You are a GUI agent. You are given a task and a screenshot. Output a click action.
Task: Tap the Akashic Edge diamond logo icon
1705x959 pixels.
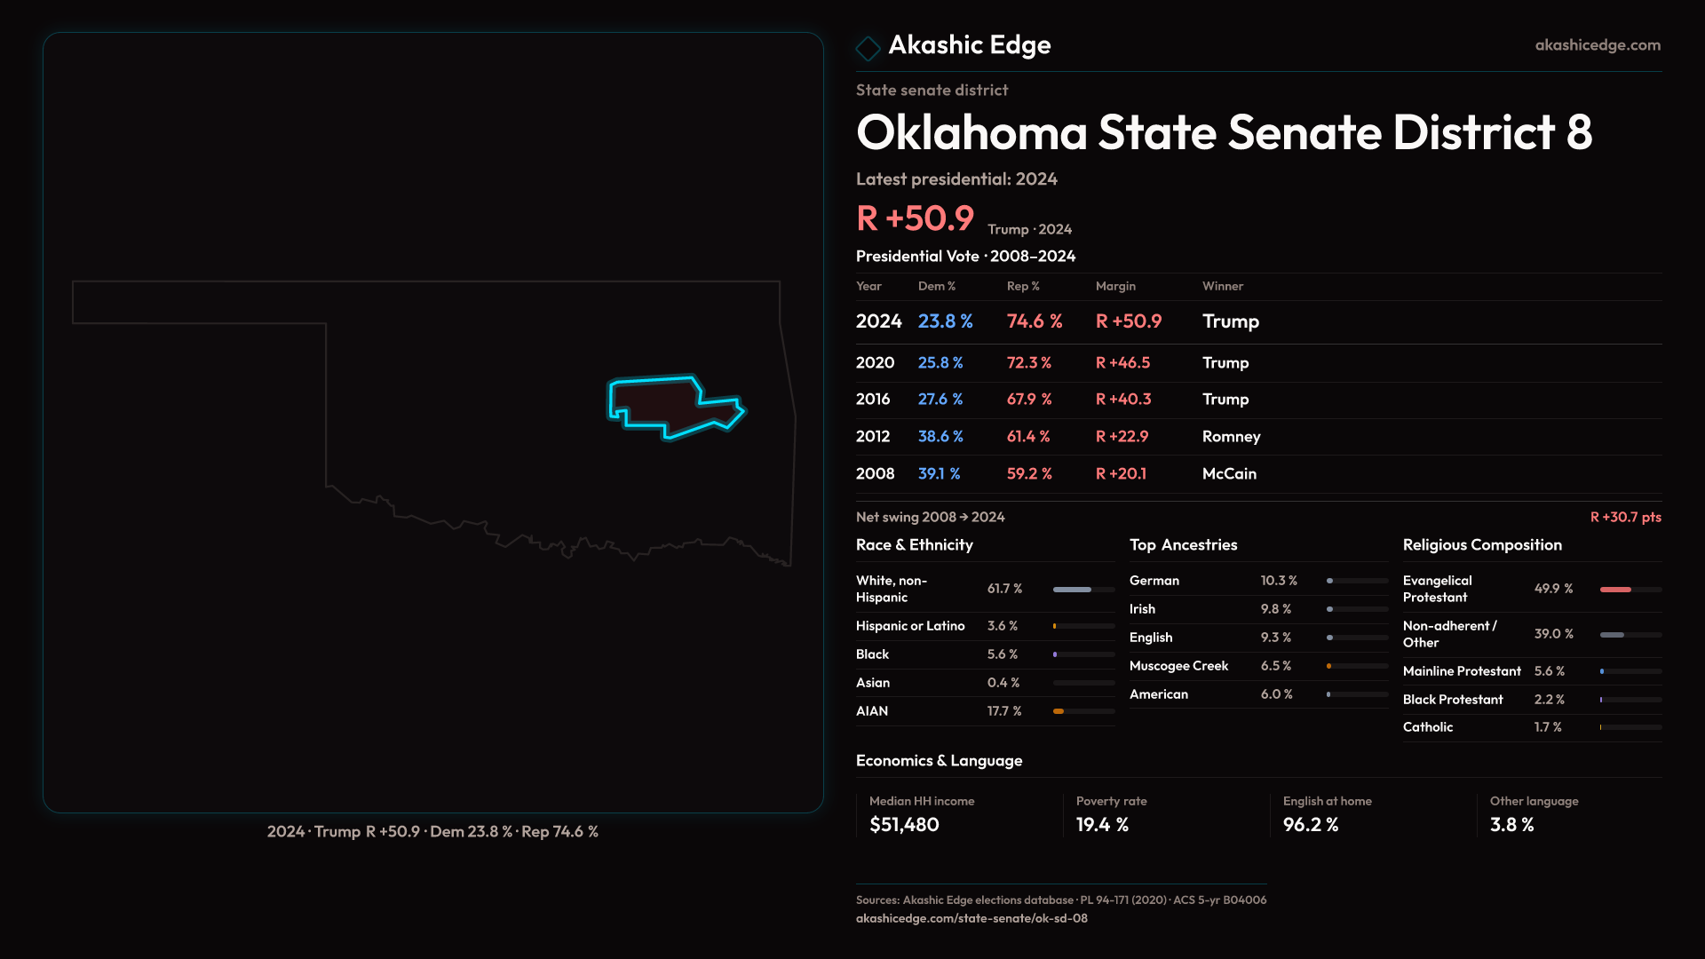[868, 47]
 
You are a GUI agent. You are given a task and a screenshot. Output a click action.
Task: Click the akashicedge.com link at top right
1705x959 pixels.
[1598, 45]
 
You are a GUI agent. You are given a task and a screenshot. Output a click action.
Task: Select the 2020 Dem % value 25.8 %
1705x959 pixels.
[940, 363]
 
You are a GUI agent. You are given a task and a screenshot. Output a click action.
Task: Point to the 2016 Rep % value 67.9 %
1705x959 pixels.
[1029, 400]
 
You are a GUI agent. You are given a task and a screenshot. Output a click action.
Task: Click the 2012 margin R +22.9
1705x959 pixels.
[1122, 437]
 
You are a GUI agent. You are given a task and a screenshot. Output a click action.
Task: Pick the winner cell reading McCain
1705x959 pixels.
[1229, 474]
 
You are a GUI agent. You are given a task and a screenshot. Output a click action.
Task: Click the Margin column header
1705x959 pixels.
[1115, 286]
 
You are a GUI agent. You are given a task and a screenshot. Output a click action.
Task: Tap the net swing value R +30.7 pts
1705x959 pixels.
[1625, 517]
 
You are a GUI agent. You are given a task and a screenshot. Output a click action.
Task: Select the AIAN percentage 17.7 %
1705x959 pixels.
[1004, 711]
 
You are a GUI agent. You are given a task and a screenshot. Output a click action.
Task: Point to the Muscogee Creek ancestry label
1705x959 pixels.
[1178, 666]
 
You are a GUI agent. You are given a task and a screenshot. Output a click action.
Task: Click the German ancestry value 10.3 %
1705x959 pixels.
[1279, 581]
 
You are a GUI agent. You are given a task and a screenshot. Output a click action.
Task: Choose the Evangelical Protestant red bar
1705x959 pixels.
[1615, 590]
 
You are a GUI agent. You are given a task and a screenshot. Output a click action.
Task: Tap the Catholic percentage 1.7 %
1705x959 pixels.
[1548, 727]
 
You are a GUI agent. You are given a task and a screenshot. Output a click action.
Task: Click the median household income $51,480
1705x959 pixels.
[904, 825]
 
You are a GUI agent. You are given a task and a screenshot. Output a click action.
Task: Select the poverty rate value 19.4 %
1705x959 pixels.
[1102, 825]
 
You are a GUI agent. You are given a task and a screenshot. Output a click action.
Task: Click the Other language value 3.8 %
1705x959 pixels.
[1511, 825]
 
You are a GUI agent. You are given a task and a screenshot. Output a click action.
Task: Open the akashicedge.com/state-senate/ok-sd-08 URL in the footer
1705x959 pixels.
[971, 918]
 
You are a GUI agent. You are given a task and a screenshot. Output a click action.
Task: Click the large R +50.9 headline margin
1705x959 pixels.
[915, 218]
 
